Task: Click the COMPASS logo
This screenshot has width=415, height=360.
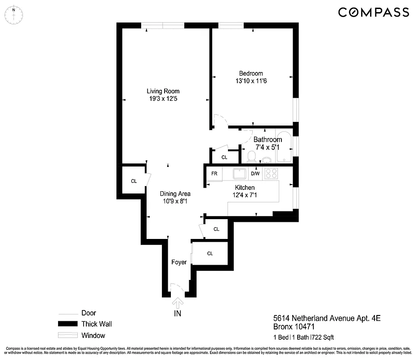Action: pyautogui.click(x=373, y=13)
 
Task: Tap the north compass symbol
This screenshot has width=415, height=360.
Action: pyautogui.click(x=14, y=15)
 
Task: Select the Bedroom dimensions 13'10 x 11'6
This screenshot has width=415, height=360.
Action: pyautogui.click(x=251, y=81)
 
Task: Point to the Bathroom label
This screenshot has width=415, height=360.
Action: pyautogui.click(x=268, y=139)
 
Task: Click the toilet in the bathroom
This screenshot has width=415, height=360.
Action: pyautogui.click(x=251, y=157)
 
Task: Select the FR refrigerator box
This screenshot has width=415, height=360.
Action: pyautogui.click(x=214, y=174)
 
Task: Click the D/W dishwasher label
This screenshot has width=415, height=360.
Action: pyautogui.click(x=255, y=174)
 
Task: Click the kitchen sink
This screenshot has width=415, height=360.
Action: pyautogui.click(x=239, y=173)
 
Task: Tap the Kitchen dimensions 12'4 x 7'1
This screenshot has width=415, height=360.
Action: pyautogui.click(x=245, y=195)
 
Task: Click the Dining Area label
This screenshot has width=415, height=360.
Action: pyautogui.click(x=175, y=194)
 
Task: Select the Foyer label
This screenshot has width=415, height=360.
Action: pyautogui.click(x=178, y=262)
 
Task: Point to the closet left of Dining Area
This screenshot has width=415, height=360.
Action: pyautogui.click(x=134, y=181)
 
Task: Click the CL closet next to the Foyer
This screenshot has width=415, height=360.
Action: pyautogui.click(x=210, y=253)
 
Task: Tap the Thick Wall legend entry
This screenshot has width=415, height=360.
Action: pyautogui.click(x=97, y=324)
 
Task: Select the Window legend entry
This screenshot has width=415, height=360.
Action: pyautogui.click(x=93, y=335)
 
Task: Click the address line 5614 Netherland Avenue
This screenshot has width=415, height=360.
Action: pyautogui.click(x=327, y=319)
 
